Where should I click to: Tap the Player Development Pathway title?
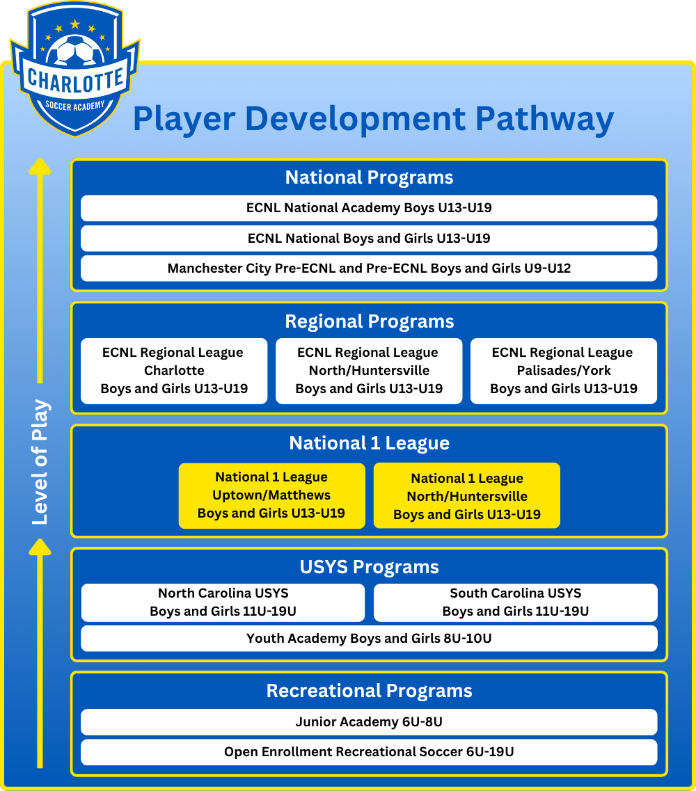click(373, 118)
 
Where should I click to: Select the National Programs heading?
click(369, 177)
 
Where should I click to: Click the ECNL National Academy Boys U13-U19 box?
click(369, 208)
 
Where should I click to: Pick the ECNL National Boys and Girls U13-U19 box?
click(369, 238)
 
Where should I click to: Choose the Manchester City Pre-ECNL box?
click(369, 268)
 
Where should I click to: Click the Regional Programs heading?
click(369, 321)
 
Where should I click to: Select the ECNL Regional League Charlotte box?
click(174, 371)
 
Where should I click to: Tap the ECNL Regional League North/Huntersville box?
click(369, 371)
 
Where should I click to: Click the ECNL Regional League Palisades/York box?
click(564, 371)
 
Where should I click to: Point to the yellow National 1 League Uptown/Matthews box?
click(271, 495)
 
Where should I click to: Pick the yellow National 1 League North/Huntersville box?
click(467, 496)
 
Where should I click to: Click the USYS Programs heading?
click(369, 567)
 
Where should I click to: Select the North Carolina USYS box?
click(223, 602)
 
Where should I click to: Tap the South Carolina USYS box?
click(516, 602)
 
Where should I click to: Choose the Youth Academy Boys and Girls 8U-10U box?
click(369, 638)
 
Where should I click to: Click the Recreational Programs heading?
click(369, 691)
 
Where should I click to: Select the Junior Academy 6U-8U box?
click(369, 722)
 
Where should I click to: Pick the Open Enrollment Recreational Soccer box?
click(369, 752)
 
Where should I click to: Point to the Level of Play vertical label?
click(40, 462)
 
